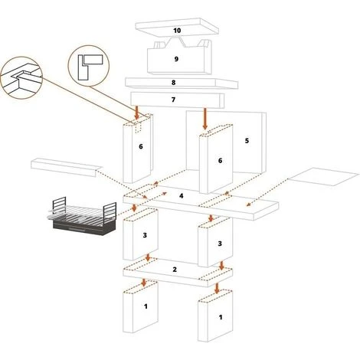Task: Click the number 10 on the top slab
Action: point(177,31)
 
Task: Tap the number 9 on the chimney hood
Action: point(176,59)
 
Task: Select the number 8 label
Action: point(174,83)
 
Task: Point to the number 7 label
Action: point(173,100)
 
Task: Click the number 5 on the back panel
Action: point(247,141)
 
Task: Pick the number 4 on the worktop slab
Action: point(182,196)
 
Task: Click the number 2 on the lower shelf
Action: point(175,270)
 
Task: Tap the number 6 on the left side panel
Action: point(141,146)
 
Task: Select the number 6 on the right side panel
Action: point(220,161)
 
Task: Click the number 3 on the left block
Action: point(145,235)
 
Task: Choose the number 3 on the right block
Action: point(220,244)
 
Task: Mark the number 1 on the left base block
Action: point(146,306)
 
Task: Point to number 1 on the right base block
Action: point(221,317)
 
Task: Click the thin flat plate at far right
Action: point(324,177)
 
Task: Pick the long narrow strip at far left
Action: point(66,167)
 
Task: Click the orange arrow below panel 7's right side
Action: point(205,119)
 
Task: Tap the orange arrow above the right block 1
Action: point(217,288)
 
